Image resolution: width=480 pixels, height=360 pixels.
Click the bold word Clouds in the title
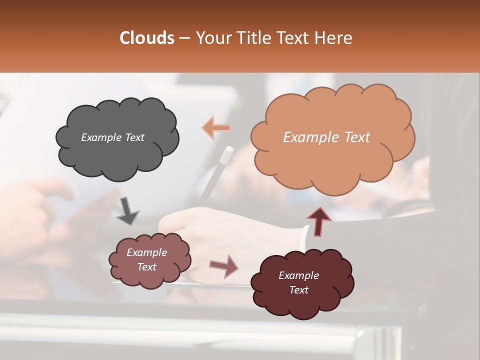coord(146,38)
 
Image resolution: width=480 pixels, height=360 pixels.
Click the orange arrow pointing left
coord(216,128)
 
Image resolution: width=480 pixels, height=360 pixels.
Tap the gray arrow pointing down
coord(127,210)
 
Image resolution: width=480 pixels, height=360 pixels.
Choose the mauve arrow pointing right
coord(223,265)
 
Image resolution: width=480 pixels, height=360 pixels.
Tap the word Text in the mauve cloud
coord(147,267)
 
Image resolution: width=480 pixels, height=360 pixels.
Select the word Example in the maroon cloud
coord(298,275)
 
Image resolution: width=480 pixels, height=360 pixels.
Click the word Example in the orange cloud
coord(310,137)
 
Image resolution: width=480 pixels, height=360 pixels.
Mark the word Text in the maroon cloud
coord(299,290)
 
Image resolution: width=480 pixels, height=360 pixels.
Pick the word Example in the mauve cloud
coord(147,252)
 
